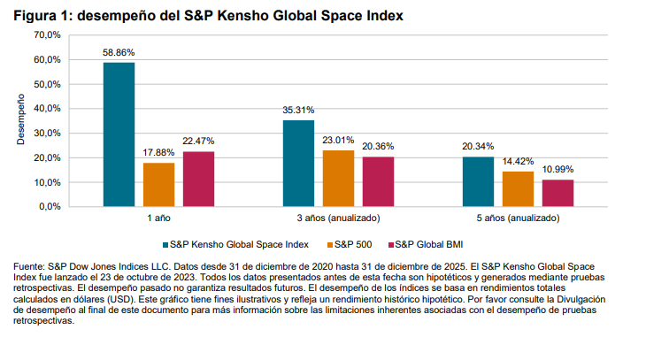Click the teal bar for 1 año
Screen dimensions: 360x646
[x=119, y=134]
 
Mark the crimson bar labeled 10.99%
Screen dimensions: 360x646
[x=558, y=193]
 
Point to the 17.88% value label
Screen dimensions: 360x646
[x=159, y=153]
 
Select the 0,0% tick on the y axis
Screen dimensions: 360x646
[x=48, y=207]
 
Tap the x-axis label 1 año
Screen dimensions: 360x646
[x=159, y=218]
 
